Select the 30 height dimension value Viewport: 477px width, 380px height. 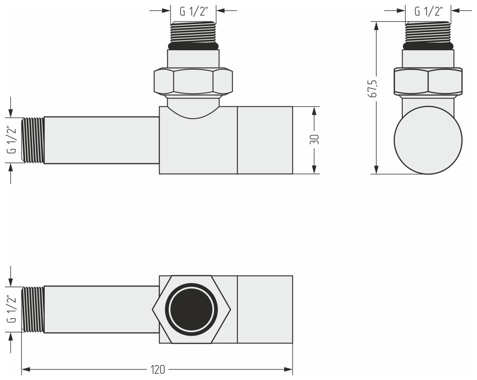pos(315,139)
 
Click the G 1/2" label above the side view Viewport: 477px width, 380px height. pos(428,11)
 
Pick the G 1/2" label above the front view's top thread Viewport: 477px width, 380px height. pos(193,11)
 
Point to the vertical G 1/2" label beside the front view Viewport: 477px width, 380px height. pos(11,140)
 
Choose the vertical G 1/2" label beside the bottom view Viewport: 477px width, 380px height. pos(11,310)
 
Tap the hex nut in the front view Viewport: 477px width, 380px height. pos(193,81)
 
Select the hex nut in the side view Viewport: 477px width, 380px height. pos(428,81)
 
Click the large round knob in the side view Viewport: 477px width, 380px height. pos(428,140)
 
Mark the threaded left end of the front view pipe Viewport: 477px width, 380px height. pos(33,140)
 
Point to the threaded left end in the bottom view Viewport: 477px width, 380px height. pos(33,310)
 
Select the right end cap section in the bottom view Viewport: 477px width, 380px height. pos(265,310)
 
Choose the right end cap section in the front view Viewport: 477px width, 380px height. pos(265,140)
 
